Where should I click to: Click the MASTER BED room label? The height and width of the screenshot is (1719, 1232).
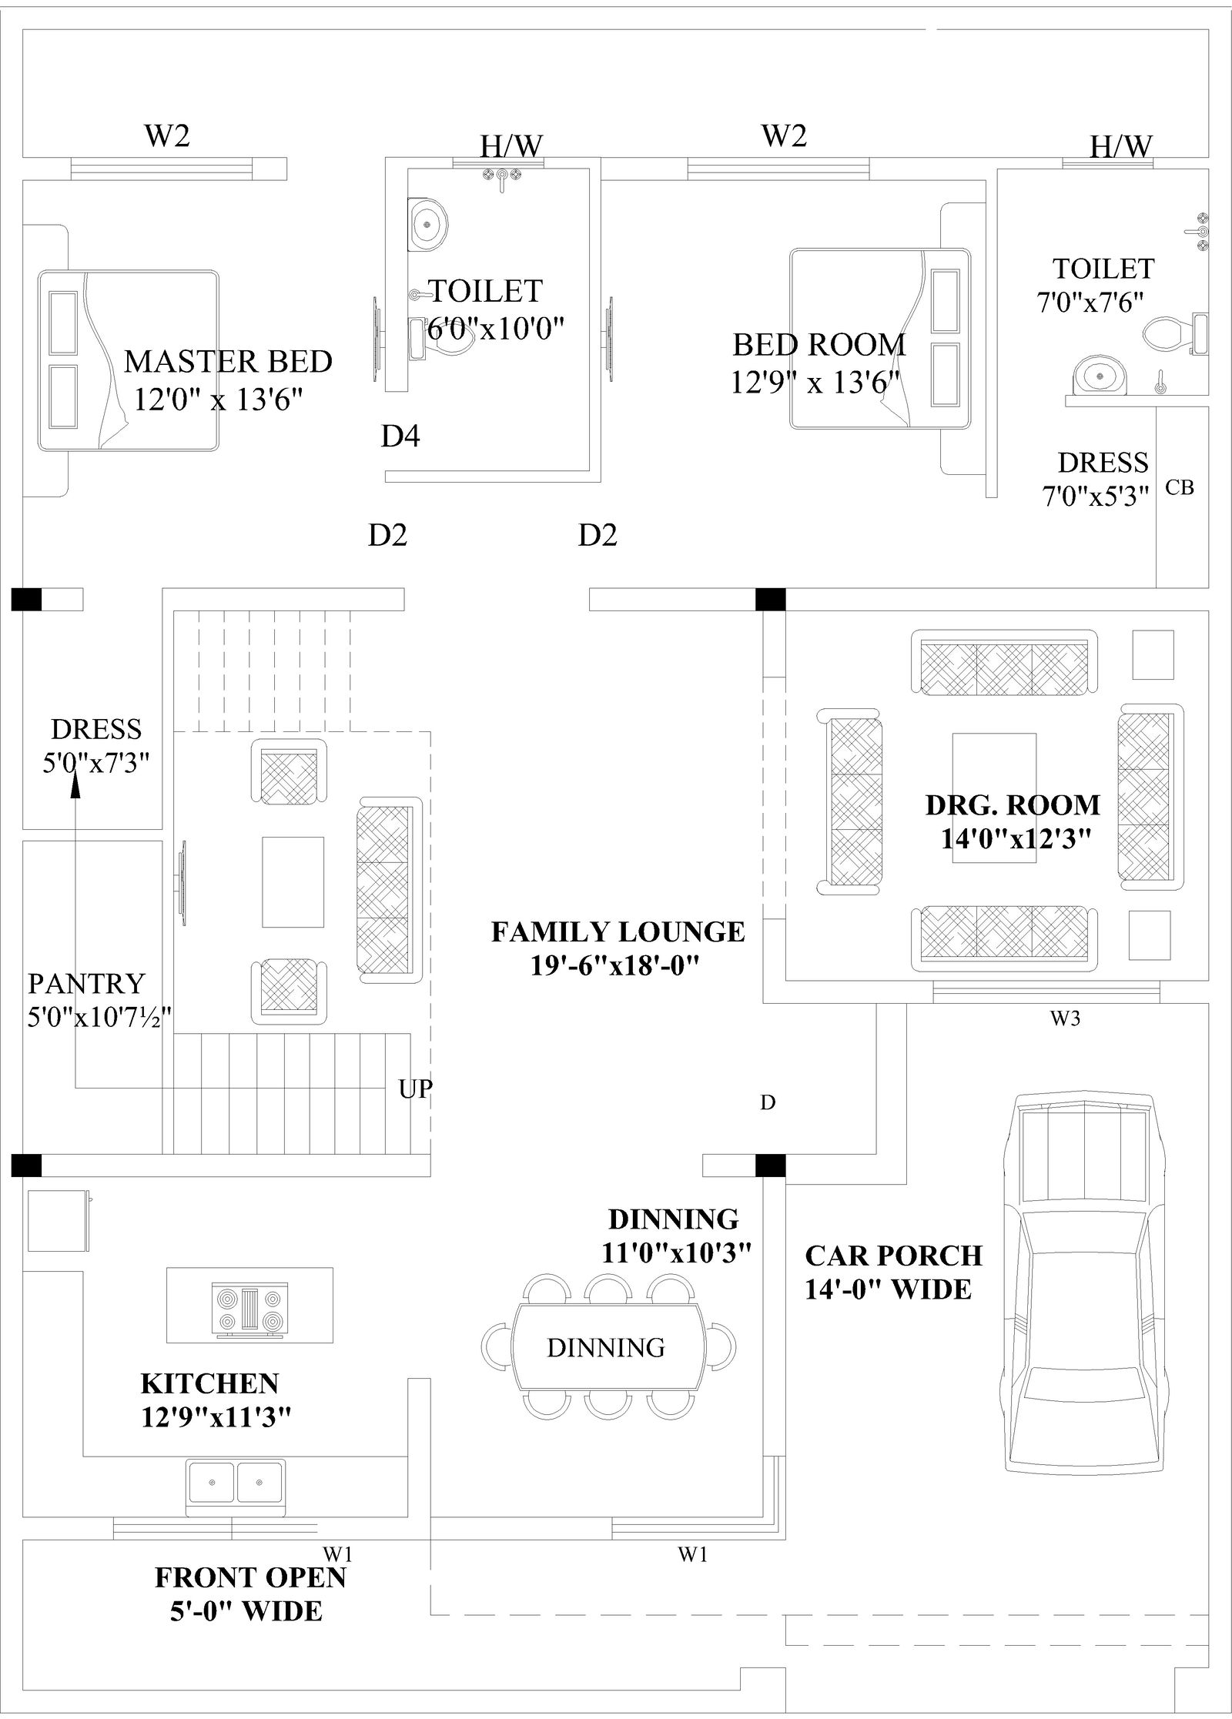[228, 361]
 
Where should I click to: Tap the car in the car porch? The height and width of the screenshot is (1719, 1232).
[1082, 1278]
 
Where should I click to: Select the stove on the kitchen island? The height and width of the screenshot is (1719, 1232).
[250, 1308]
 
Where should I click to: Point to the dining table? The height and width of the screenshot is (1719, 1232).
[607, 1347]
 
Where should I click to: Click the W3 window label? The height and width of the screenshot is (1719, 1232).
[1066, 1018]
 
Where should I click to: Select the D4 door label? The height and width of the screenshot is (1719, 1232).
[400, 436]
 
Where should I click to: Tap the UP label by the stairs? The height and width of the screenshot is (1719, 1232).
[416, 1089]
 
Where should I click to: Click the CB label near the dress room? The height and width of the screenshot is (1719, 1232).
[1180, 487]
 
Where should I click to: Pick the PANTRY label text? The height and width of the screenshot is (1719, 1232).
[86, 984]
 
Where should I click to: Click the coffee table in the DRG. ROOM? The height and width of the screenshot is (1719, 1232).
[994, 798]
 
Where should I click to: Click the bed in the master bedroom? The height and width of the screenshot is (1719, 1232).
[129, 360]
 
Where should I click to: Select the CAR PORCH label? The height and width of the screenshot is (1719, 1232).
[893, 1256]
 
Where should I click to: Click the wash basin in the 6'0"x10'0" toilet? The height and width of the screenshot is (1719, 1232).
[426, 224]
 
